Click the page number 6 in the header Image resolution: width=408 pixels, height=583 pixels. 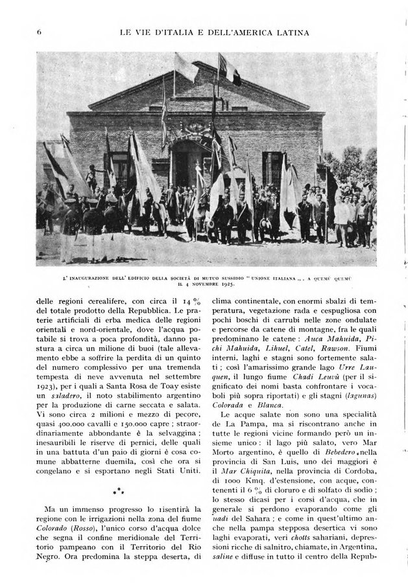coord(40,30)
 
